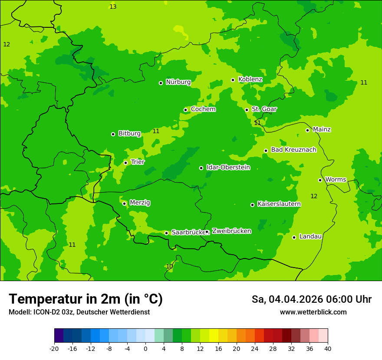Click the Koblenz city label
coord(250,79)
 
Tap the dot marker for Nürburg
coord(161,83)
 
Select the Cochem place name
coord(203,109)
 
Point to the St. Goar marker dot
coord(247,110)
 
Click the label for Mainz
coord(322,129)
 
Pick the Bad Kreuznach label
coord(293,150)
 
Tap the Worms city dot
coord(320,180)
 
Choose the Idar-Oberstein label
coord(228,167)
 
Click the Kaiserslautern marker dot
coord(252,205)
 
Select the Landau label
coord(310,236)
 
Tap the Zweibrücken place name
coord(231,231)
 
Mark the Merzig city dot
coord(124,203)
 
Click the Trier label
coord(138,162)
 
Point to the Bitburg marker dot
coord(113,134)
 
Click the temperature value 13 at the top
coord(113,7)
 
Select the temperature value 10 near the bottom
coord(169,266)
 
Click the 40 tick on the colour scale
coord(327,348)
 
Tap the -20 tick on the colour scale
coord(54,348)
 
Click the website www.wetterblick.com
coord(313,312)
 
